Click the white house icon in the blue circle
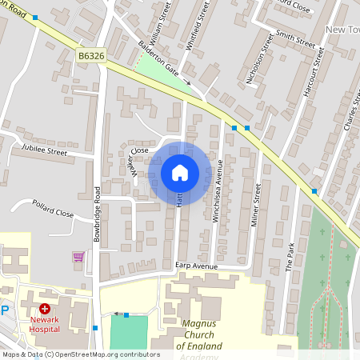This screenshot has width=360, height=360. pyautogui.click(x=180, y=172)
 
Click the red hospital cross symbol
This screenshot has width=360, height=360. pyautogui.click(x=45, y=308)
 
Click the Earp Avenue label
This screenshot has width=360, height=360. pyautogui.click(x=197, y=266)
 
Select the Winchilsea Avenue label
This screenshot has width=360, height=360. pyautogui.click(x=217, y=197)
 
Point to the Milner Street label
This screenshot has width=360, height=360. pyautogui.click(x=257, y=205)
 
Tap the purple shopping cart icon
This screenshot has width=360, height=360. pyautogui.click(x=78, y=257)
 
